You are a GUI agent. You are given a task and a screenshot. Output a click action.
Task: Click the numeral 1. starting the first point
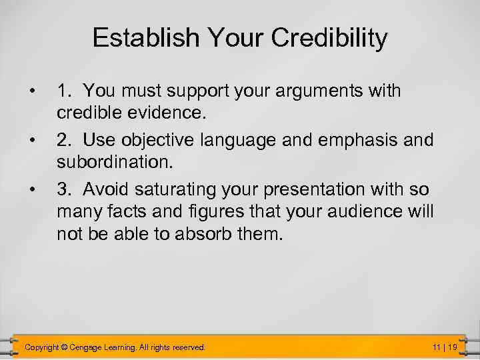tap(64, 90)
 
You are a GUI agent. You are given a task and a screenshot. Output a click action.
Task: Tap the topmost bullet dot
tap(31, 91)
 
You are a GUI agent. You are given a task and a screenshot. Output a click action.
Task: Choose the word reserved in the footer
tap(189, 347)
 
